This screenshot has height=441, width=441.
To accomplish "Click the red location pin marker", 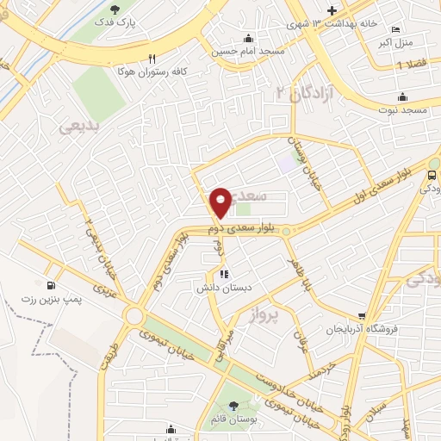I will point(221,202).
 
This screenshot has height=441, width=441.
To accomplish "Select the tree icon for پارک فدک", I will point(115,9).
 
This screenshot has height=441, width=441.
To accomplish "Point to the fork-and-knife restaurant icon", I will point(152,59).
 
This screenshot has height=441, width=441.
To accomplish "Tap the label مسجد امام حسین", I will point(248,51).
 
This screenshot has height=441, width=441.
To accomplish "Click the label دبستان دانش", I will point(225,288).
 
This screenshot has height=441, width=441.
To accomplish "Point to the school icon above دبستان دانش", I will point(225,275).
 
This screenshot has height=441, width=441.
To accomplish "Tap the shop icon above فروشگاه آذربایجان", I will point(363,317).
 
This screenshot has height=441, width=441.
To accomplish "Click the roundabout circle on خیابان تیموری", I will point(134,316).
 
